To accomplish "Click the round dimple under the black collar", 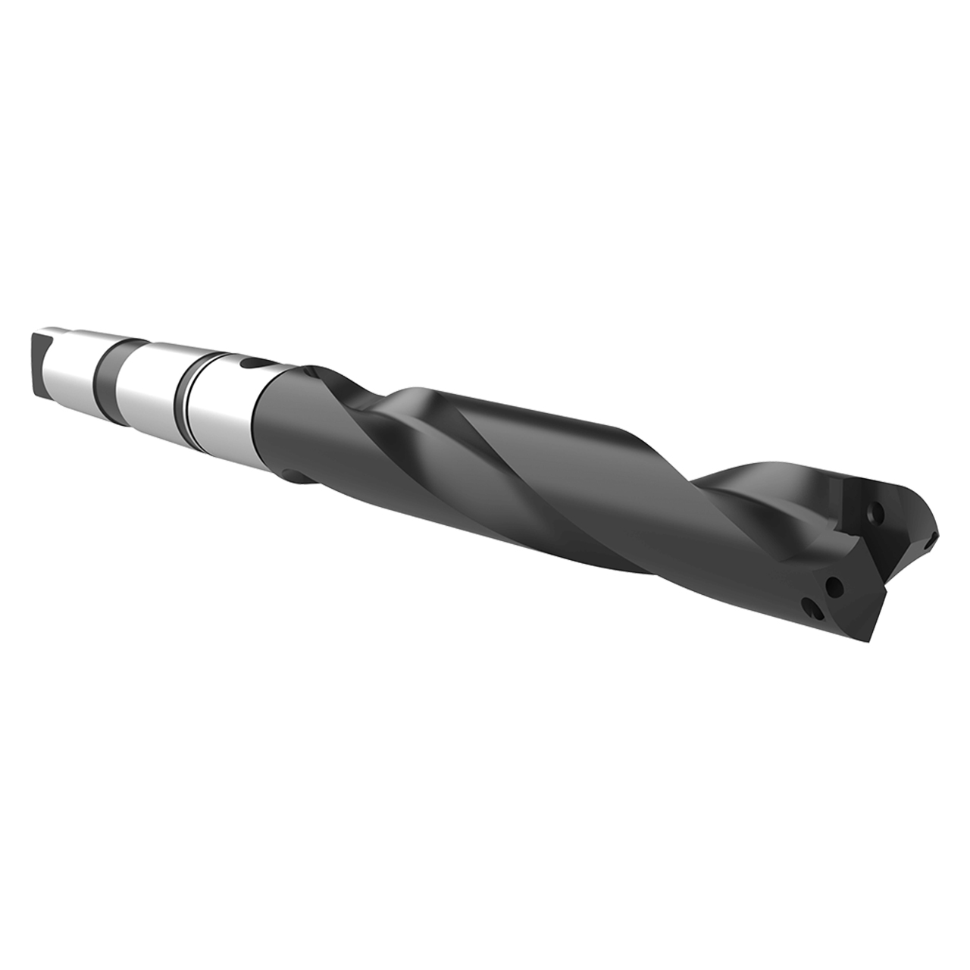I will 292,475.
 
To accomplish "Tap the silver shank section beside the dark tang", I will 72,364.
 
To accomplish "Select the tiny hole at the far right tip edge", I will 929,543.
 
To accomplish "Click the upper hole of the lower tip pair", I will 835,586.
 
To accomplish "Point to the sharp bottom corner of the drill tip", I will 875,641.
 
